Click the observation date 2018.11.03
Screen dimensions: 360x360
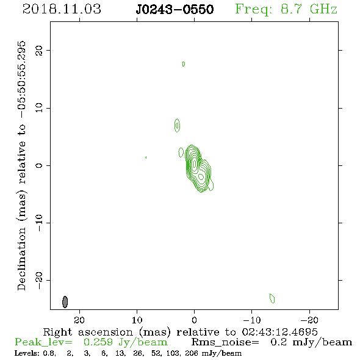[x=62, y=9]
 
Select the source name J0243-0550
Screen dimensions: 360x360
[x=175, y=9]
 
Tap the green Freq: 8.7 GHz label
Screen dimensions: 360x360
[x=286, y=9]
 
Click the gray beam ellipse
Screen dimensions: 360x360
[x=65, y=301]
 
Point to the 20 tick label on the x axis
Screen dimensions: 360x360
[x=79, y=320]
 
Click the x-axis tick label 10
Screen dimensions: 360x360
[x=137, y=320]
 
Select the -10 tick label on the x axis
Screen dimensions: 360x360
[x=252, y=320]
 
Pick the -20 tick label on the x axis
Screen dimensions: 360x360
[x=309, y=320]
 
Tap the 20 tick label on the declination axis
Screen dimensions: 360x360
[x=39, y=50]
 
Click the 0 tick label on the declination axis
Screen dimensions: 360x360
[x=39, y=165]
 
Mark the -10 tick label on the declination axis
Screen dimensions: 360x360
[x=39, y=223]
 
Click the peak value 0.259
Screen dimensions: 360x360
[x=98, y=342]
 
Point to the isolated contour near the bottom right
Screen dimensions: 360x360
[x=272, y=298]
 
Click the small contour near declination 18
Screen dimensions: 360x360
[x=184, y=64]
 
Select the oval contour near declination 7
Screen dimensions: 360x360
[x=177, y=125]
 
